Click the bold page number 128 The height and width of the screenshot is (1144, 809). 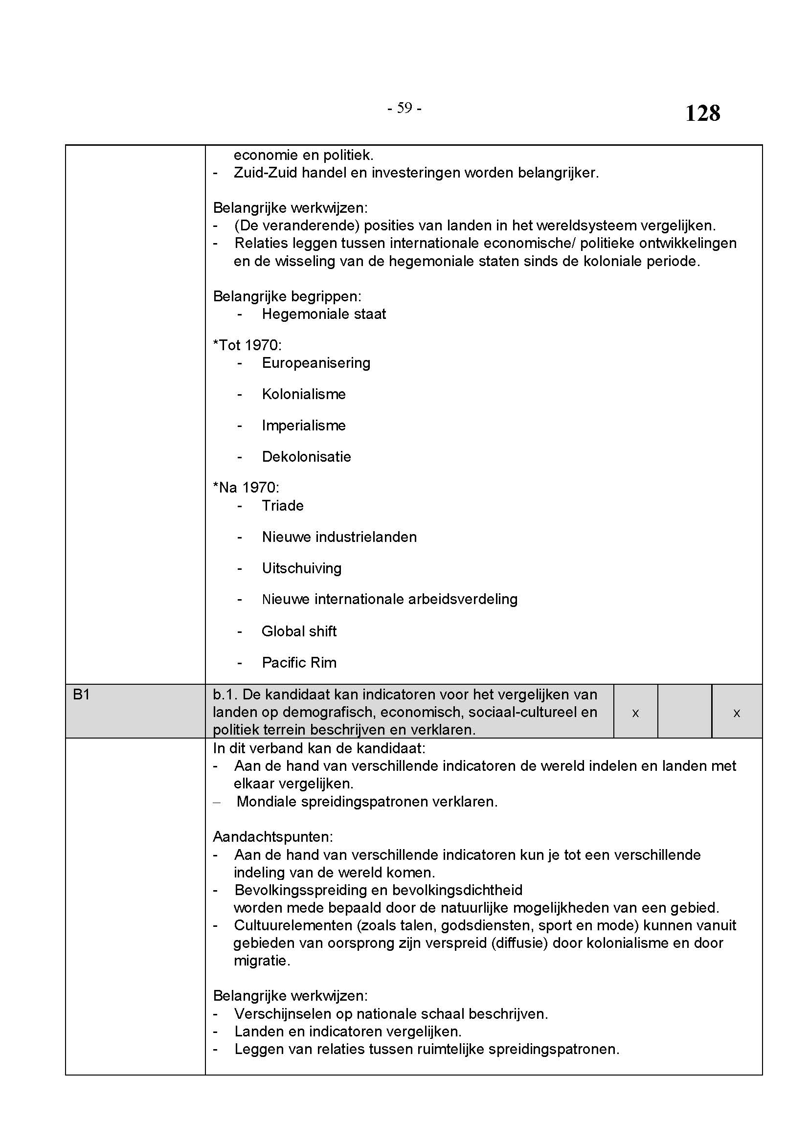click(702, 113)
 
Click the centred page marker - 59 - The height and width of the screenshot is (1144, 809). click(404, 108)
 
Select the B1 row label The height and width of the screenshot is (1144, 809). click(81, 694)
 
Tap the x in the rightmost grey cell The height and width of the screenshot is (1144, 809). click(736, 713)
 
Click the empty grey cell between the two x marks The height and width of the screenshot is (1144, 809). click(684, 711)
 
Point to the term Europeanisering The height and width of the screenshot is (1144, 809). click(316, 363)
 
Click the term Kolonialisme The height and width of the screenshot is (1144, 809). click(303, 394)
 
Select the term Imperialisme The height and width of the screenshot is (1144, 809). click(303, 426)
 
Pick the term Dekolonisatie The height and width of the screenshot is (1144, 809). click(306, 457)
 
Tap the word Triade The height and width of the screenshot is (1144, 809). click(282, 506)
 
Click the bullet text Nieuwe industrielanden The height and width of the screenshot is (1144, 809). click(339, 537)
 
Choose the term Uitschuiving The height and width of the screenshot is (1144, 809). click(301, 568)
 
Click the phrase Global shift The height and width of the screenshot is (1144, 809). click(299, 631)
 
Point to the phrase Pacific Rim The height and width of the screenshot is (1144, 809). click(299, 663)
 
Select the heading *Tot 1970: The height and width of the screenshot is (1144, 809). click(247, 345)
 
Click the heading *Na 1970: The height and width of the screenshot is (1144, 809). click(246, 487)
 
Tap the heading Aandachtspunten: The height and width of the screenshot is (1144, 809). click(273, 836)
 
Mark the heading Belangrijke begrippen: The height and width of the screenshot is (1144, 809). click(287, 296)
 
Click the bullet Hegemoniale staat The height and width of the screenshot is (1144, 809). click(324, 314)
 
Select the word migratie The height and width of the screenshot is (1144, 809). click(262, 961)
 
